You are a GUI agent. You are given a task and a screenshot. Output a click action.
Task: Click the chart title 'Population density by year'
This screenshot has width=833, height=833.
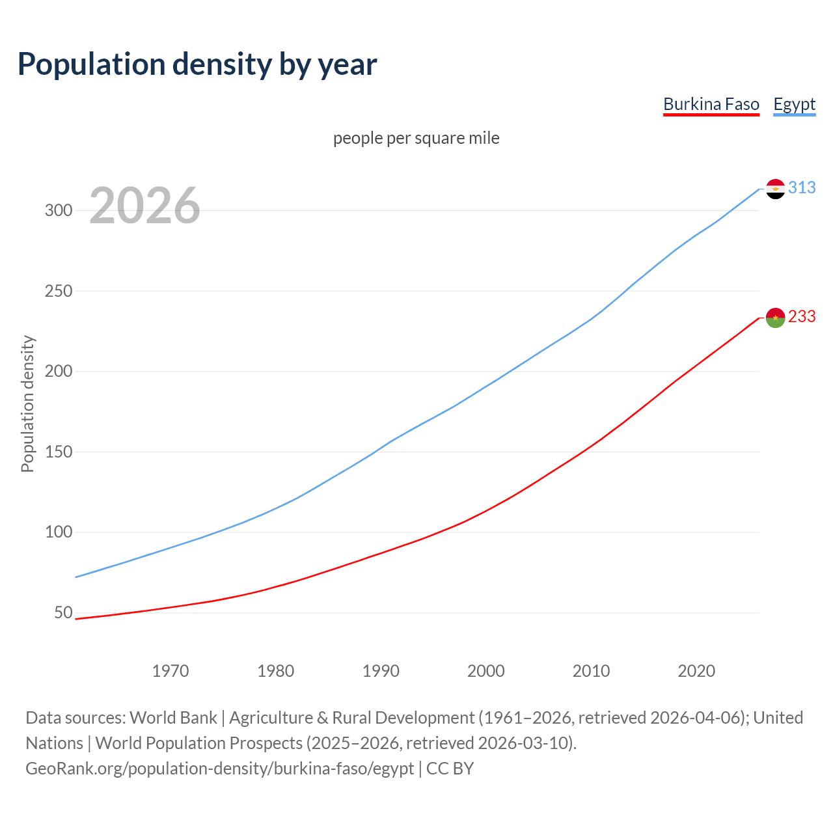point(197,64)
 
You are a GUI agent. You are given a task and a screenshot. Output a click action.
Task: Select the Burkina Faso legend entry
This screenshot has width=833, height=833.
point(711,104)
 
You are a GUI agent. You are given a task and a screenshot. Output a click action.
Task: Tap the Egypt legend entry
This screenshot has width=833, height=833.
point(794,104)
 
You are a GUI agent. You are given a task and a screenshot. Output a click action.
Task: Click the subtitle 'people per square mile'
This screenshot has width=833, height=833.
point(416,138)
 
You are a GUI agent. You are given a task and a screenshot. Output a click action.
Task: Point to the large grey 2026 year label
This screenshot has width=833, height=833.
point(144,206)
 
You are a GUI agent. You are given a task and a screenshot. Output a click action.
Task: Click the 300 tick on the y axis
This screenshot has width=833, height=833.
point(58,210)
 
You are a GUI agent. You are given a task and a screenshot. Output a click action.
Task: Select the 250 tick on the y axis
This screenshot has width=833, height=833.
point(58,291)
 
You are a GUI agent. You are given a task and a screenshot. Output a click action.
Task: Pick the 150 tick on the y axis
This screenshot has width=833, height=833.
point(58,452)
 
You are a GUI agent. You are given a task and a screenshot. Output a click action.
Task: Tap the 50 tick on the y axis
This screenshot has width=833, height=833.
point(63,612)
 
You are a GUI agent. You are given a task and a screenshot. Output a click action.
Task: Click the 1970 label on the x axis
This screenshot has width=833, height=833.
point(171,670)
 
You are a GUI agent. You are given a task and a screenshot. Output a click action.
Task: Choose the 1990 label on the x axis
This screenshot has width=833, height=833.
point(381,670)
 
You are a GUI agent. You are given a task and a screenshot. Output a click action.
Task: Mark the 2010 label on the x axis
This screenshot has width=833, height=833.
point(591,670)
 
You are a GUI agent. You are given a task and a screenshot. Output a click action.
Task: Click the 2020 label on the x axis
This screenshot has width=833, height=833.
point(696,670)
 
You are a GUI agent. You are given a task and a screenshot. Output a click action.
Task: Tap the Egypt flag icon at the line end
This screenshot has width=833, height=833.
point(775,189)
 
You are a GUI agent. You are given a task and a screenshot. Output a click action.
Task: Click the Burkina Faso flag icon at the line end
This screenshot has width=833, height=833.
point(775,318)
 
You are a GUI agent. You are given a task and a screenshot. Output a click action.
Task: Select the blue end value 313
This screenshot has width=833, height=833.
point(802,187)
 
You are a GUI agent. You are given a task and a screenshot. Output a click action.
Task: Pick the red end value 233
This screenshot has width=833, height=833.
point(802,316)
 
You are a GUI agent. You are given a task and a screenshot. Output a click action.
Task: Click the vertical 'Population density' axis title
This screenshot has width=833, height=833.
point(27,403)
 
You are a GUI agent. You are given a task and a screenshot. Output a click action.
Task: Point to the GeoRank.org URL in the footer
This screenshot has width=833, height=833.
point(219,768)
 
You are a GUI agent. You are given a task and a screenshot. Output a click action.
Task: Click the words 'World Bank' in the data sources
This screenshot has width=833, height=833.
point(173,717)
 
